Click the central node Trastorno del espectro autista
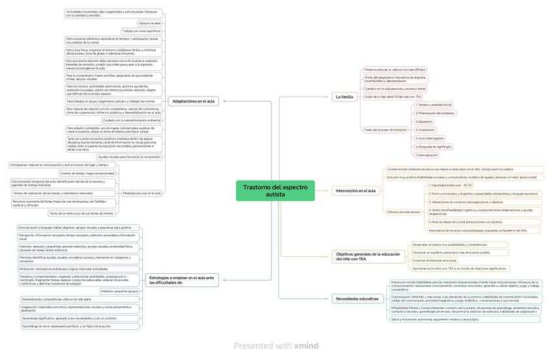pos(275,190)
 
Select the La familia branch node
pos(344,97)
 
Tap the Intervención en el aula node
pos(355,190)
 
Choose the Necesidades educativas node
pos(356,298)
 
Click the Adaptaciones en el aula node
pos(193,101)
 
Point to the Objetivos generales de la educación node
pos(368,256)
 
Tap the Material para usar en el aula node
pos(142,192)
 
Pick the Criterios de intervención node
pos(403,211)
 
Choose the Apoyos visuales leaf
pos(149,23)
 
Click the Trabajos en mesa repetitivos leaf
pos(141,31)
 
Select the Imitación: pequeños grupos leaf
pos(119,291)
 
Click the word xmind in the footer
pos(306,345)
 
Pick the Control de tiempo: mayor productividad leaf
pos(87,173)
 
